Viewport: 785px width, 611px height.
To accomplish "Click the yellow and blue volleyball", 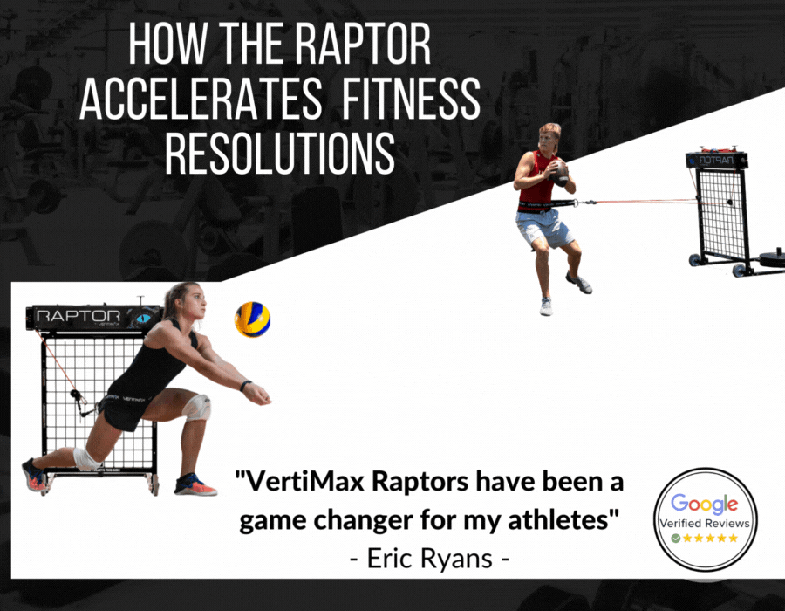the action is click(252, 319).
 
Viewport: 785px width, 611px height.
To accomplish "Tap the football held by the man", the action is click(559, 174).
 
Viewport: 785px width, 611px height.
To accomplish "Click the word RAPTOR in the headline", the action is click(362, 44).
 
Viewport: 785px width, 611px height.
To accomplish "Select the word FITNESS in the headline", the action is click(411, 98).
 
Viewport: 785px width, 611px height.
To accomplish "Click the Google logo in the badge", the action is click(705, 504).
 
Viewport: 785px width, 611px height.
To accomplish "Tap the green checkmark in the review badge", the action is click(676, 539).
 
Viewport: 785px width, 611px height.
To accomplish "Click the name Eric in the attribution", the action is click(389, 558).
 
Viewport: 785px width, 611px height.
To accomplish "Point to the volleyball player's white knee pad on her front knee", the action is click(196, 407).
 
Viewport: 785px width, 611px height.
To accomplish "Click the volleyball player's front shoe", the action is click(195, 484).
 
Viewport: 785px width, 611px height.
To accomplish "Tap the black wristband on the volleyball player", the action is click(245, 386).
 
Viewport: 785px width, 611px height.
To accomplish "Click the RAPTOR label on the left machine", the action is click(78, 316).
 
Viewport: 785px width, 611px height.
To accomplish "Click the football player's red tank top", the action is click(536, 180).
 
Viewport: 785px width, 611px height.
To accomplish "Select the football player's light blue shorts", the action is click(543, 228).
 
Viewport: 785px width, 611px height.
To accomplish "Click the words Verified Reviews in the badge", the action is click(705, 524).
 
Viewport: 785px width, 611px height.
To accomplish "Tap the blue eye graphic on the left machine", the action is click(143, 318).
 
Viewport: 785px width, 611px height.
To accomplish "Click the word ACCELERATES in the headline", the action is click(201, 98).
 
